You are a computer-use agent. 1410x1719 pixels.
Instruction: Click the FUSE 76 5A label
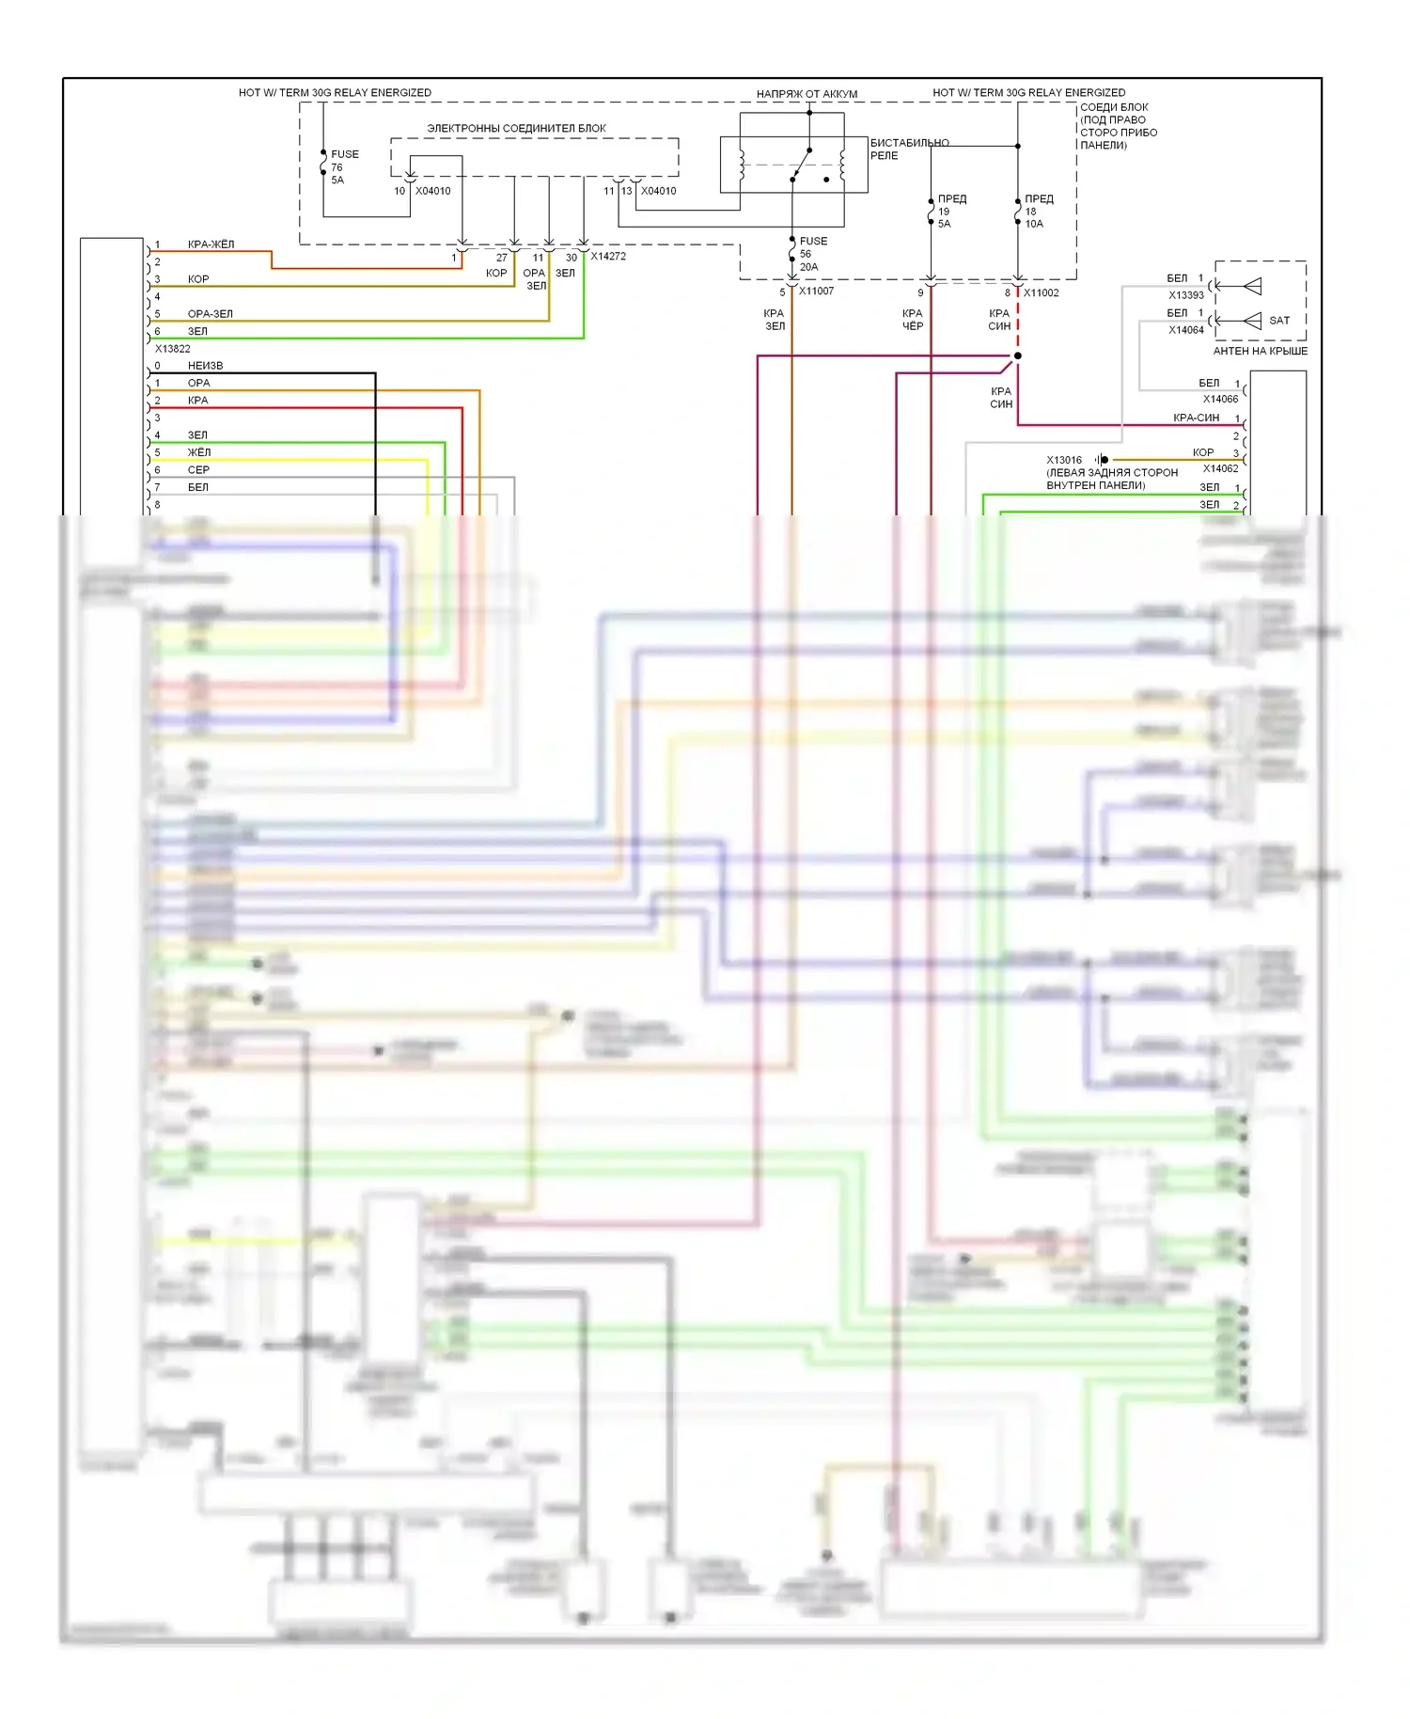pos(344,167)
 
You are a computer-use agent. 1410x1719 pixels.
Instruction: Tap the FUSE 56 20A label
pos(813,254)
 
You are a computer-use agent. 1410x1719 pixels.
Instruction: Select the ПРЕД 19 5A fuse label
pos(951,212)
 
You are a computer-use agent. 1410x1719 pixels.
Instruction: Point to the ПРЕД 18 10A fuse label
pos(1038,212)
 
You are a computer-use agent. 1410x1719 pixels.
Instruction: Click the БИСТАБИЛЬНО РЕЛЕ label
pos(908,150)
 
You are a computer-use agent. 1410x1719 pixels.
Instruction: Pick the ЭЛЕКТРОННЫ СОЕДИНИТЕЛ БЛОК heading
pos(516,129)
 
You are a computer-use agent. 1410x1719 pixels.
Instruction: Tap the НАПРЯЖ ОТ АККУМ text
pos(807,94)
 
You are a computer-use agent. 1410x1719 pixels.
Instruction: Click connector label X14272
pos(608,256)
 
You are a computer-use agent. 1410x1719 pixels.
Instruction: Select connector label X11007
pos(816,292)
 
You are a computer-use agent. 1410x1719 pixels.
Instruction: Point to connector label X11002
pos(1042,292)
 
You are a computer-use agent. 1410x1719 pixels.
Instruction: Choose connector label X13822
pos(173,349)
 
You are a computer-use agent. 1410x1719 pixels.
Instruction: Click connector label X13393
pos(1186,295)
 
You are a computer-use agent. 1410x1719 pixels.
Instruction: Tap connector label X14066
pos(1220,400)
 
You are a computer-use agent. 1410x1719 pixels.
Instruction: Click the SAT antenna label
pos(1278,321)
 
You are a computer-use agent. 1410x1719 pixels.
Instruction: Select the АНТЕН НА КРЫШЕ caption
pos(1260,352)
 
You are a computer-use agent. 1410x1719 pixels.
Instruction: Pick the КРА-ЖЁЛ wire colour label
pos(211,244)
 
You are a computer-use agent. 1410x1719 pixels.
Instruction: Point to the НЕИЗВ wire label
pos(205,366)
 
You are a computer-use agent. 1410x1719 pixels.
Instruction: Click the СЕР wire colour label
pos(198,470)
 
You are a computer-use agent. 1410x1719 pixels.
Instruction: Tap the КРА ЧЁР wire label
pos(913,320)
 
